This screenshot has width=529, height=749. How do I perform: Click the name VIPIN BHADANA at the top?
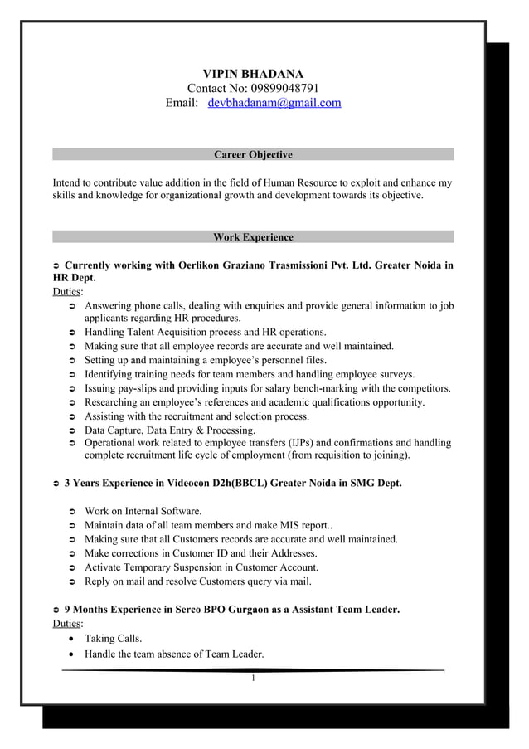253,74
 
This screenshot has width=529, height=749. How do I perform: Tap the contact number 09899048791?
280,89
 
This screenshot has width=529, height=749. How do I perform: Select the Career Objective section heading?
253,155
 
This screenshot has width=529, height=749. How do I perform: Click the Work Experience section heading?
253,237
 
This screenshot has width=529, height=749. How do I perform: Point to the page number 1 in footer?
254,678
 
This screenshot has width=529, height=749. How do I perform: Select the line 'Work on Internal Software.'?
143,511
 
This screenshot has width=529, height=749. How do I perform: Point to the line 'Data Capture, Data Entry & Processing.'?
170,430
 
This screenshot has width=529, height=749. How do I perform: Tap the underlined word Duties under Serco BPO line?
67,624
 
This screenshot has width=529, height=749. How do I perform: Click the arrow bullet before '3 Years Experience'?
56,484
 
